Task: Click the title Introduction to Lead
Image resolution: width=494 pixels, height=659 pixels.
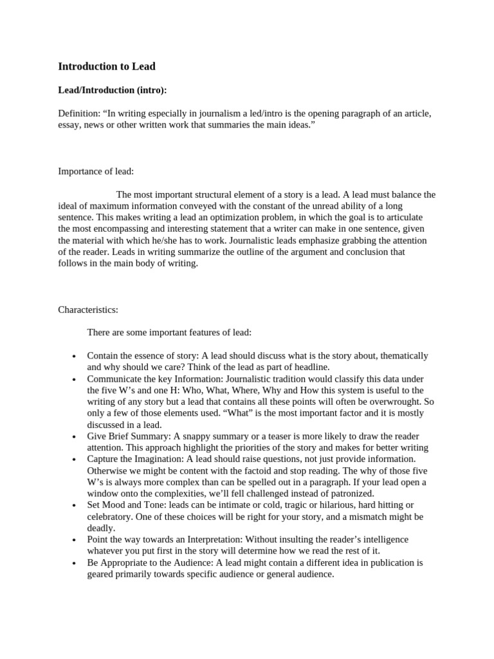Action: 107,66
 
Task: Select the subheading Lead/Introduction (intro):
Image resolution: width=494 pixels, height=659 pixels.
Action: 113,90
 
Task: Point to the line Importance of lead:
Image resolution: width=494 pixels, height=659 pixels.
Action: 96,171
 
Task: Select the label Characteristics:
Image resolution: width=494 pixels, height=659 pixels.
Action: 88,310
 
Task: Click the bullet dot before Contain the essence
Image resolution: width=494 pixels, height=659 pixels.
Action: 75,357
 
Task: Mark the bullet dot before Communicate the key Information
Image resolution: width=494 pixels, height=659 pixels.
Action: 75,380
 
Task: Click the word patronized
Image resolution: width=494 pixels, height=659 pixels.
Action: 351,493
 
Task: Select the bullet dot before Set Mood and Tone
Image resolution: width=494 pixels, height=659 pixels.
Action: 75,505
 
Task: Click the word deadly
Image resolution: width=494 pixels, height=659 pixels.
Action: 101,528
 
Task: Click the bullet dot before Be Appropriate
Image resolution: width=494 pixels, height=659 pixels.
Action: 75,563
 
